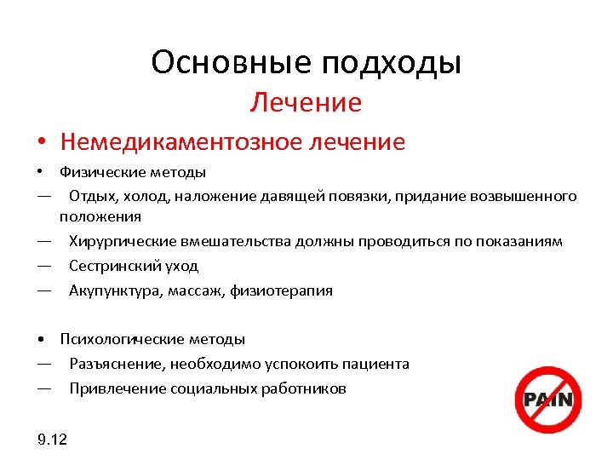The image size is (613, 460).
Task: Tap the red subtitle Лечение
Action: (x=306, y=103)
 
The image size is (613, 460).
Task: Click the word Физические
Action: (x=95, y=173)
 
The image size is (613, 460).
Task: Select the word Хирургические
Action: (x=123, y=241)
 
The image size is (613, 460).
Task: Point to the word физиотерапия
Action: (x=289, y=290)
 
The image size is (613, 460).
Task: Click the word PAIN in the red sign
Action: (x=548, y=400)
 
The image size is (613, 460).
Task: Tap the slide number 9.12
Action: (x=53, y=440)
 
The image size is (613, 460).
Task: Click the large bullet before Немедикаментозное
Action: (x=41, y=141)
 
